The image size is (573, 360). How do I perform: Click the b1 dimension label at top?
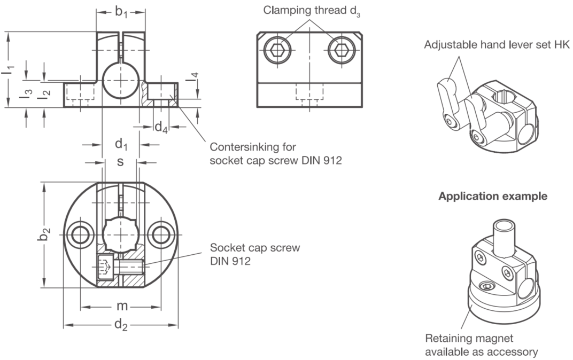point(121,12)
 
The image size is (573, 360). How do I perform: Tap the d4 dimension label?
point(161,128)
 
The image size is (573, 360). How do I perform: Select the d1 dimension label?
point(121,144)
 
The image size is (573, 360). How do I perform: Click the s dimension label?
point(120,161)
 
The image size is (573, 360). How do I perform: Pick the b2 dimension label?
point(43,234)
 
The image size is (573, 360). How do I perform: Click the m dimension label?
point(122,306)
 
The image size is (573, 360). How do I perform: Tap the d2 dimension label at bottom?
point(121,324)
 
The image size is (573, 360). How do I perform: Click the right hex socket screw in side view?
point(342,50)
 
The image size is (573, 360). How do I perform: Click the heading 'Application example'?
point(493,197)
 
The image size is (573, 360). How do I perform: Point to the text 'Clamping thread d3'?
point(312,11)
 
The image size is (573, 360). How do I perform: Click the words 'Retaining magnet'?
point(469,339)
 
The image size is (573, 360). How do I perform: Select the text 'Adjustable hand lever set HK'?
point(497,44)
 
